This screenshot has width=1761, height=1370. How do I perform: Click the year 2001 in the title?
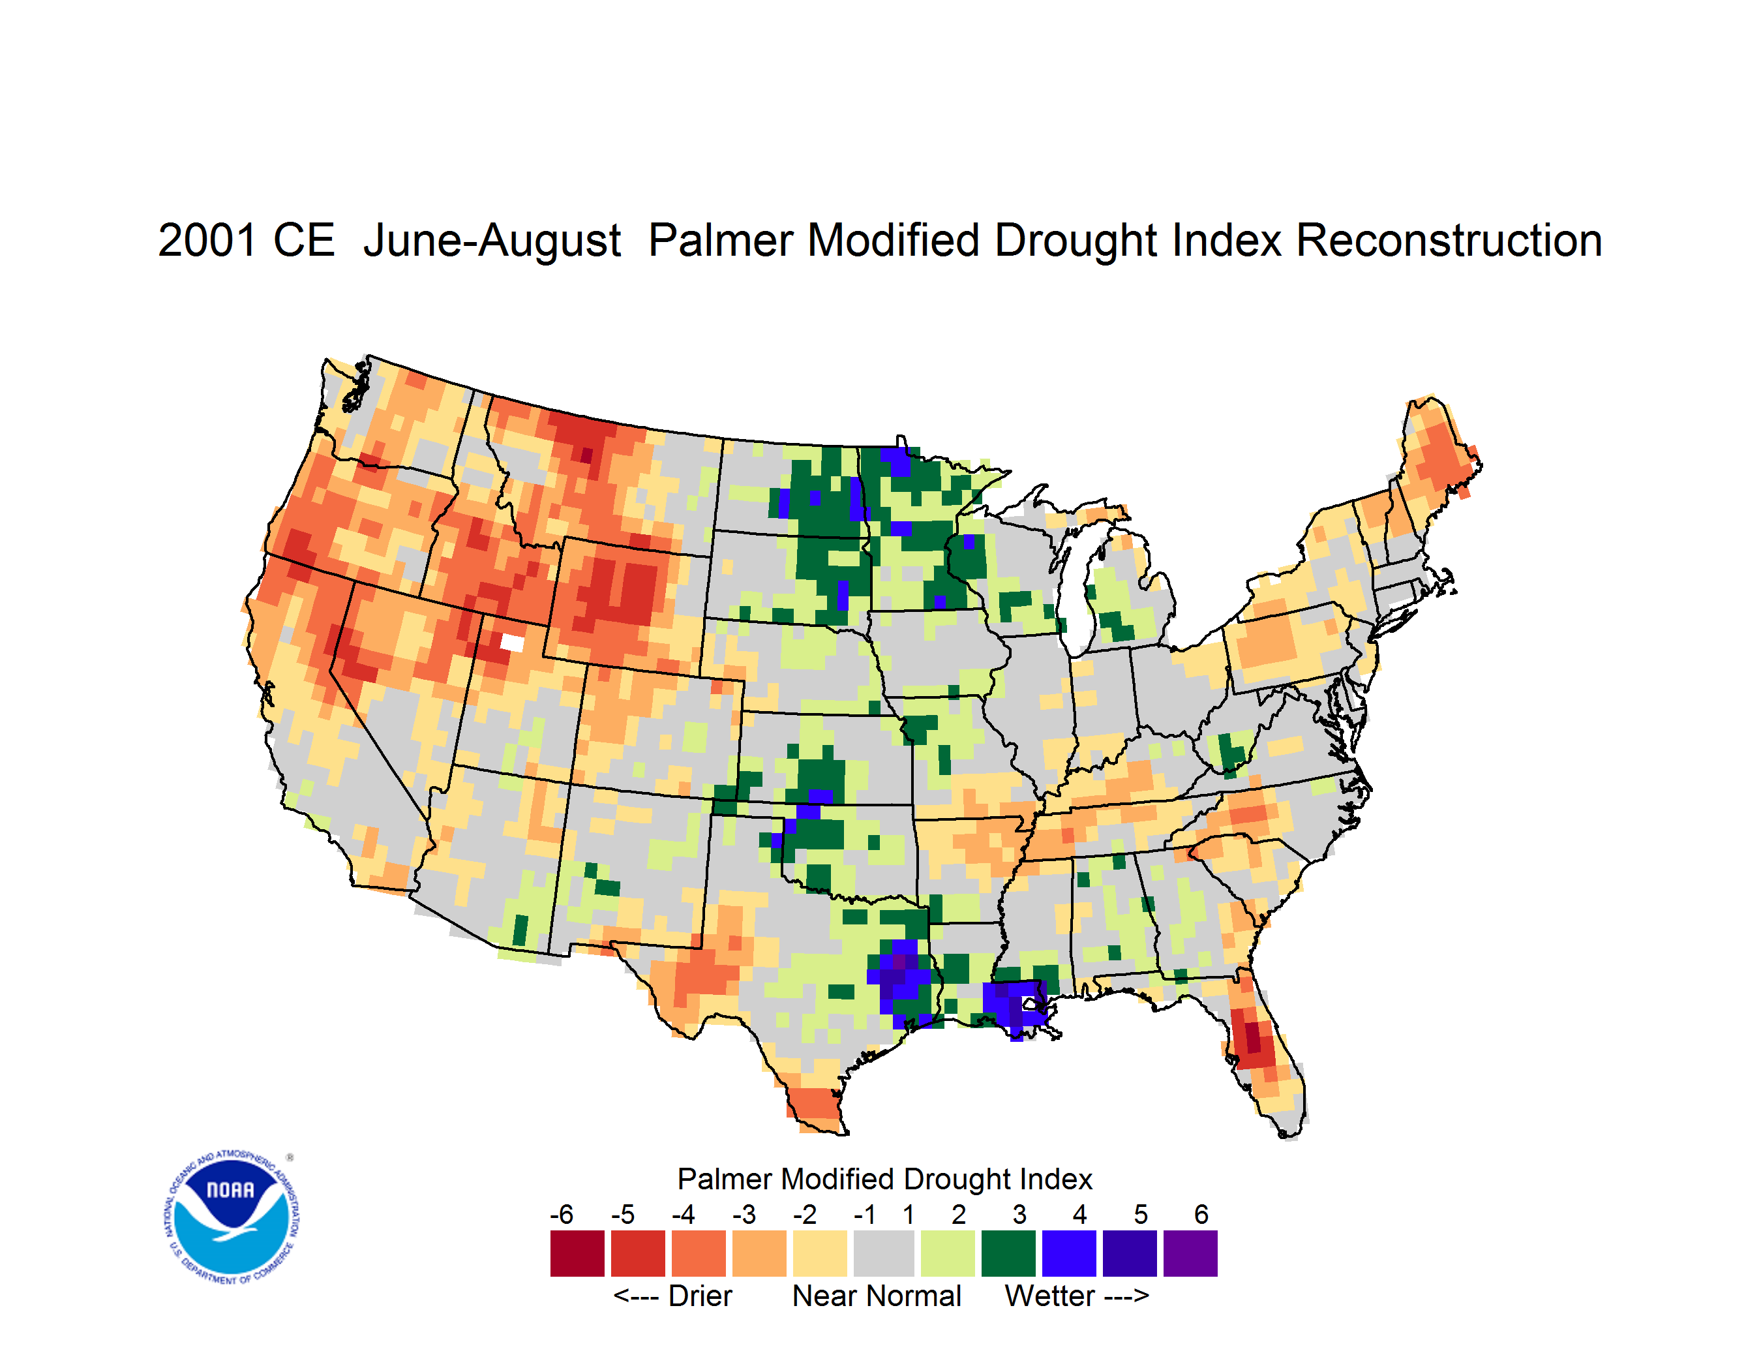(208, 240)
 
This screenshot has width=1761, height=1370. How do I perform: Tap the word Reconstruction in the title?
(1448, 240)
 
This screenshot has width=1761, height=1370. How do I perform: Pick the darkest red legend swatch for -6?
(577, 1253)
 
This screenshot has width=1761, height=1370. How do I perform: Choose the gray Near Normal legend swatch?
(884, 1253)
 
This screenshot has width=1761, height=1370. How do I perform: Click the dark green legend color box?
(1008, 1253)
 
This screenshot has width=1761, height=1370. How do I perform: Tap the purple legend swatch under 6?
(1190, 1253)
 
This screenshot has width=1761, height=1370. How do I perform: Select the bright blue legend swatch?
(1069, 1253)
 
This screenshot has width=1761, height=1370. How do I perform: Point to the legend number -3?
(744, 1214)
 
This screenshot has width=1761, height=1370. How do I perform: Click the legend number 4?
(1079, 1214)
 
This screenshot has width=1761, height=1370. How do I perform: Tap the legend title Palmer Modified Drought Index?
(884, 1179)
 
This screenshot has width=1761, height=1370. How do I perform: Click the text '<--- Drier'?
(672, 1296)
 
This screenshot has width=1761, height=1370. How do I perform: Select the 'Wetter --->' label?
(1076, 1296)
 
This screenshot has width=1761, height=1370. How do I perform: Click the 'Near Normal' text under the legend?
(877, 1296)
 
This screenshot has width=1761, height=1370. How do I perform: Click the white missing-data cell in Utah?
(512, 642)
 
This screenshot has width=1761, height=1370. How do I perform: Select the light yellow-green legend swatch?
(948, 1253)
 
